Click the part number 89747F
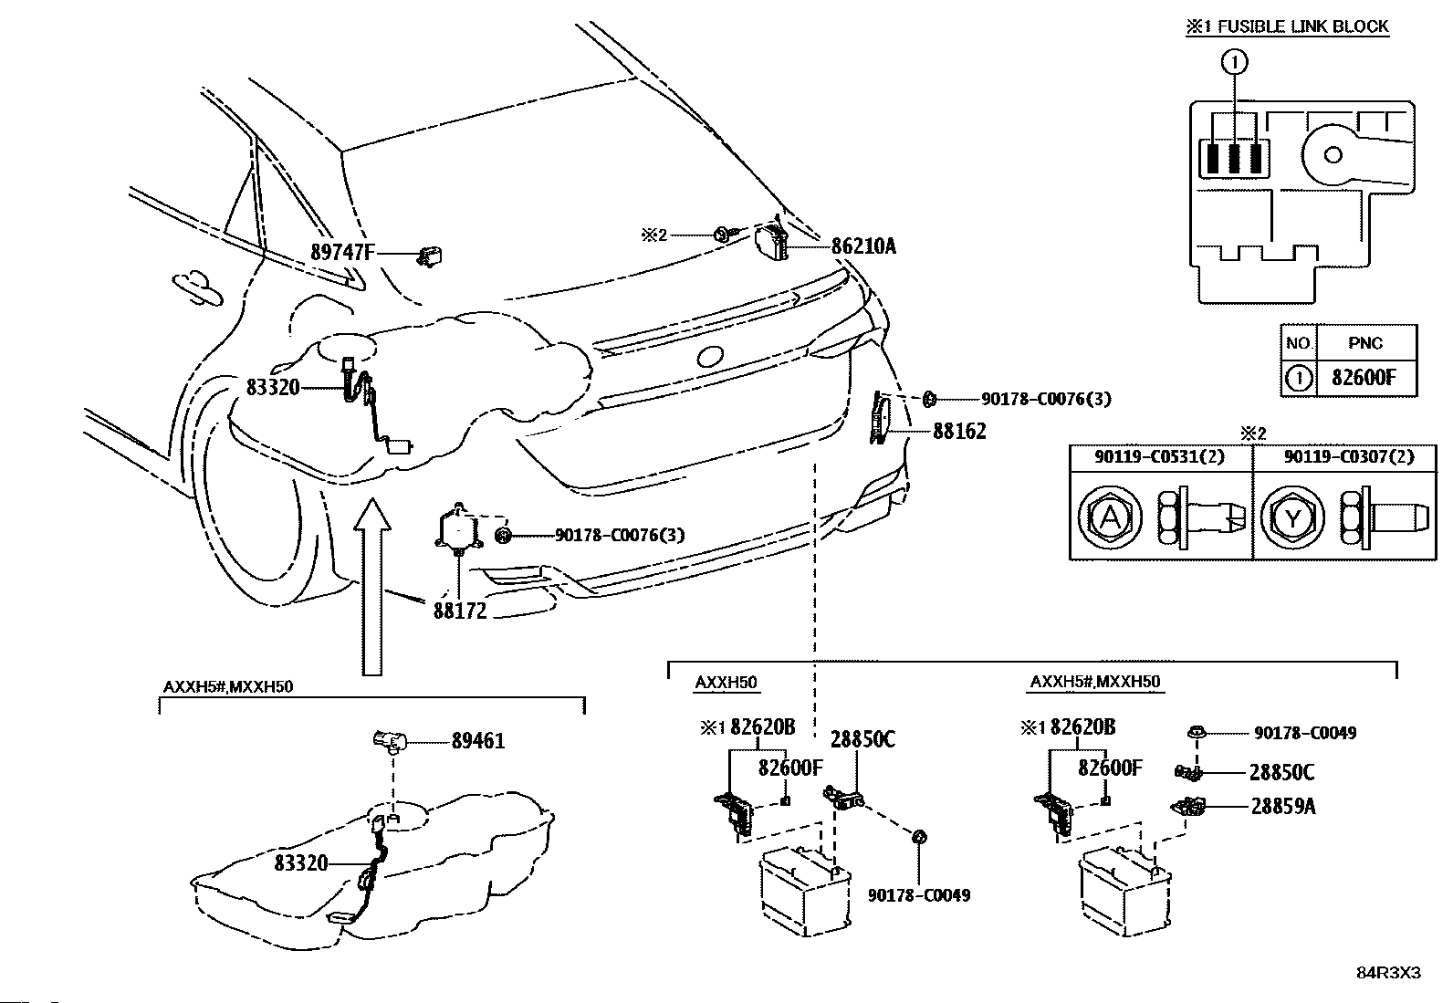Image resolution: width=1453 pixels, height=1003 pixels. pyautogui.click(x=342, y=252)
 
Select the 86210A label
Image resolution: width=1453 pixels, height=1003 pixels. pyautogui.click(x=863, y=246)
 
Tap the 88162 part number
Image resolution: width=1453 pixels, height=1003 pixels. pyautogui.click(x=959, y=431)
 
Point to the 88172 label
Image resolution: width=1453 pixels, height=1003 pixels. pyautogui.click(x=460, y=611)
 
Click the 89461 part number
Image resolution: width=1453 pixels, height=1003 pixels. pyautogui.click(x=478, y=740)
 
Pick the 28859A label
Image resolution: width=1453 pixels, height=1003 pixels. pyautogui.click(x=1283, y=806)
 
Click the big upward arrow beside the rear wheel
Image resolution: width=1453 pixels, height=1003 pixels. pyautogui.click(x=372, y=587)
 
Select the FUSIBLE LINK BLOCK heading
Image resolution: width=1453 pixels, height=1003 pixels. pyautogui.click(x=1303, y=26)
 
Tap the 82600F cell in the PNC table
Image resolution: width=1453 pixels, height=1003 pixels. pyautogui.click(x=1363, y=377)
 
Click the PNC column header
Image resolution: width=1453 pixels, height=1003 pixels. pyautogui.click(x=1365, y=342)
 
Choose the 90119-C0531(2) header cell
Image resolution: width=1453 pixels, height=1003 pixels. pyautogui.click(x=1160, y=456)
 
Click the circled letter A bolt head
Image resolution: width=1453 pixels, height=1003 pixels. pyautogui.click(x=1110, y=517)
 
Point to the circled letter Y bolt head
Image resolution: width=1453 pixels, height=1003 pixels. pyautogui.click(x=1292, y=517)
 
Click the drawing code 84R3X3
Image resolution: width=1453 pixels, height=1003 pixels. pyautogui.click(x=1389, y=973)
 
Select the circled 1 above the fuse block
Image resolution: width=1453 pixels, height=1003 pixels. pyautogui.click(x=1234, y=62)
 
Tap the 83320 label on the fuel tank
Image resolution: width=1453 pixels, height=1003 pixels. pyautogui.click(x=301, y=862)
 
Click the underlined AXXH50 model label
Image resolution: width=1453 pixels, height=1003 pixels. pyautogui.click(x=726, y=683)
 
